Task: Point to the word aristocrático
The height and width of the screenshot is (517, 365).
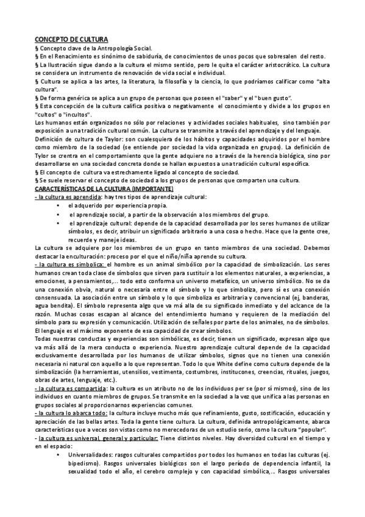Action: pos(280,64)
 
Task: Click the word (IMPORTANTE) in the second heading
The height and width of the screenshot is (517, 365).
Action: pos(153,190)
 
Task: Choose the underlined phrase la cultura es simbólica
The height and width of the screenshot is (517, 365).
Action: pos(69,266)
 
